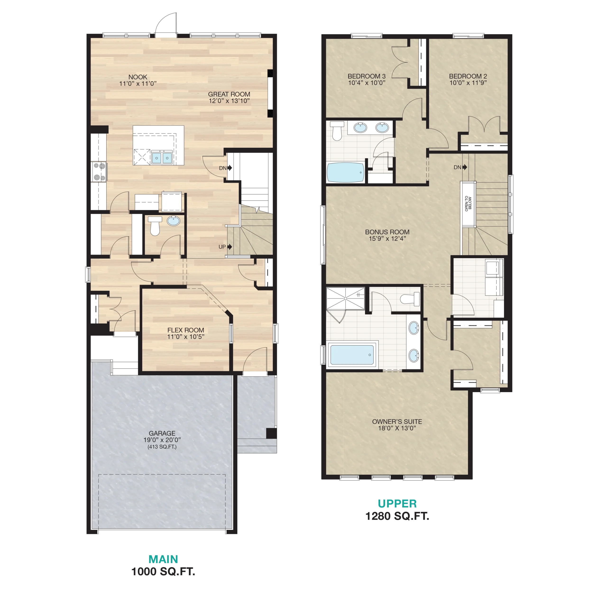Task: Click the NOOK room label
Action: point(138,77)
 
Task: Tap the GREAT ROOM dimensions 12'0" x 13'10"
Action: point(229,101)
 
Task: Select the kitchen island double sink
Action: point(162,157)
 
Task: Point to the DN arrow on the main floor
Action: point(230,168)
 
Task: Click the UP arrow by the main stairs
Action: point(230,247)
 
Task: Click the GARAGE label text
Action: point(162,433)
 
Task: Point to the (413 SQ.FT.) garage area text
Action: point(162,447)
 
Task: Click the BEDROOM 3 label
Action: point(367,76)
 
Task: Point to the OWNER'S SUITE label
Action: point(397,422)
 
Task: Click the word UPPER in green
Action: point(397,504)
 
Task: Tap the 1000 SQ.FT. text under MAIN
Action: point(163,571)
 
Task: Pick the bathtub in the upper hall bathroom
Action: point(345,172)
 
